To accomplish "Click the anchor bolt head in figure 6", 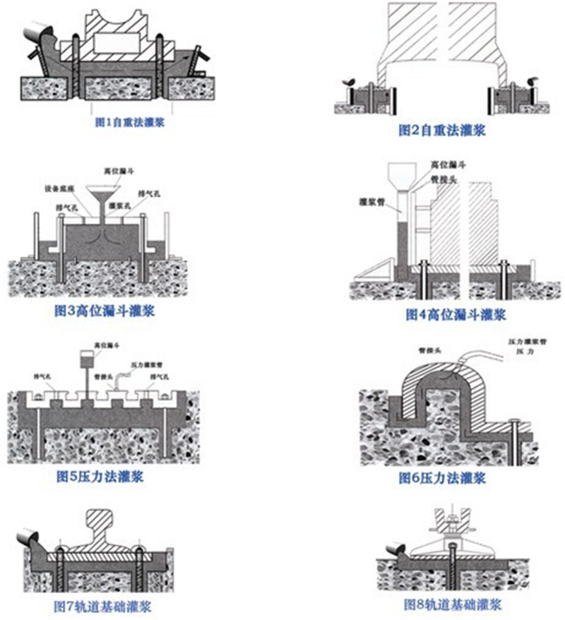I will tap(514, 422).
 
